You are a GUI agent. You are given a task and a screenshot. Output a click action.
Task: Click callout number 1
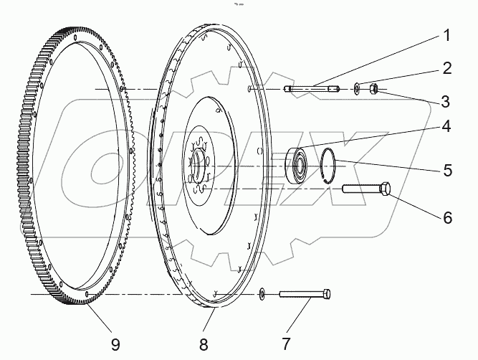446,34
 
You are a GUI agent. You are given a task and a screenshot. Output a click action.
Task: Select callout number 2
446,68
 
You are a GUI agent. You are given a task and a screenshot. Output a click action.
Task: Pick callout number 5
446,171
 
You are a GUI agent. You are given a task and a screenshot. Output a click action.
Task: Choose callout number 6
446,217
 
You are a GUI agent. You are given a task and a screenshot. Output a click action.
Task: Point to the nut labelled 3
373,89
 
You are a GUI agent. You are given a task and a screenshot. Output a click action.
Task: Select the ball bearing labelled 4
297,164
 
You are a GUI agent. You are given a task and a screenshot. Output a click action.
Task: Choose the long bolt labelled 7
305,293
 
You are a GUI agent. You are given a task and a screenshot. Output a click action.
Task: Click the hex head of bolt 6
386,189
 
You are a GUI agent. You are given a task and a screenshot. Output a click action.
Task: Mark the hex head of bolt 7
327,293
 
